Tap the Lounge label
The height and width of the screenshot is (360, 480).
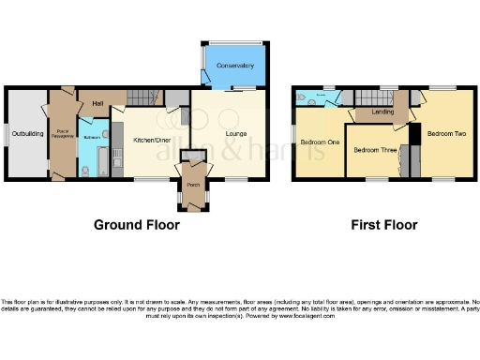pos(235,134)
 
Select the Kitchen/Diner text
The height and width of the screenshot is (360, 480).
pos(150,140)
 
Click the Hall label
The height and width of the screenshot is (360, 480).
pos(97,103)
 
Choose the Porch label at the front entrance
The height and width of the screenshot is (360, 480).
pos(193,184)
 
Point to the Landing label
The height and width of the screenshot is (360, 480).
pos(382,112)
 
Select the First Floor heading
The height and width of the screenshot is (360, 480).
pos(384,225)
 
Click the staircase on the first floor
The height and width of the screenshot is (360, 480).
pos(384,97)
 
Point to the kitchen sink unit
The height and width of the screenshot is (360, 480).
pos(116,141)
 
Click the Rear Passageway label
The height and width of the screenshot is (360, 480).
pos(63,133)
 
